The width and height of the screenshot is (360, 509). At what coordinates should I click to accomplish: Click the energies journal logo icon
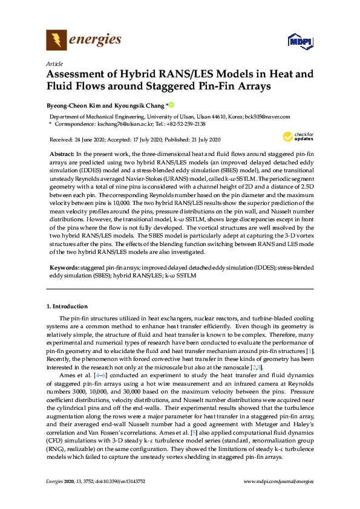(56, 40)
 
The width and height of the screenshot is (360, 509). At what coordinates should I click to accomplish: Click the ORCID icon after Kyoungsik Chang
(171, 105)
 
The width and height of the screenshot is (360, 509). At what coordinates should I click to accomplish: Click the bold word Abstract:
(62, 155)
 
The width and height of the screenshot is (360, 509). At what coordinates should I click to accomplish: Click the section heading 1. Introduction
(67, 306)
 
